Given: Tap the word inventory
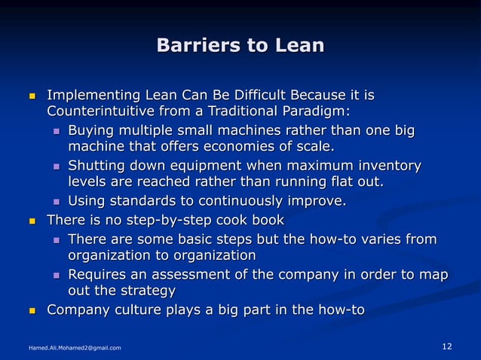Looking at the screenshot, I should coord(384,166).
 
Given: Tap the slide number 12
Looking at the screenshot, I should coord(446,346).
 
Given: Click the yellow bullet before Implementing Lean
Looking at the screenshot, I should coord(31,97).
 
